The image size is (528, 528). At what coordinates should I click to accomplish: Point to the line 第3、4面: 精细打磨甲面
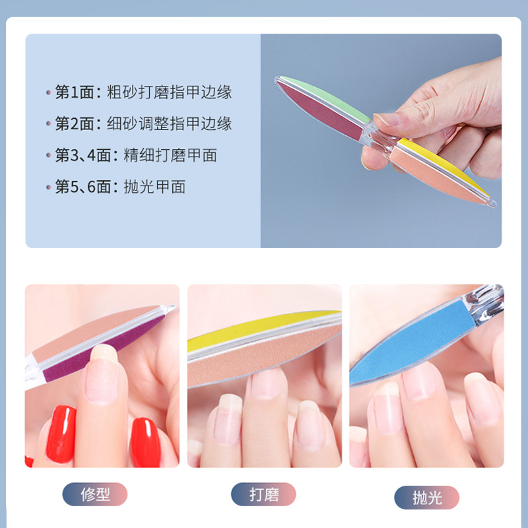[135, 156]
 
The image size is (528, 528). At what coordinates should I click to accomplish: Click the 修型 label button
[94, 494]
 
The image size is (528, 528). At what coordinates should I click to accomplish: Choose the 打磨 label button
[263, 494]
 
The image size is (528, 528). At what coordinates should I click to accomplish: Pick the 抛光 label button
[426, 497]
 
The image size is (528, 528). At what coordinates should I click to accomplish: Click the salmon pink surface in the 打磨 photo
[264, 356]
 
